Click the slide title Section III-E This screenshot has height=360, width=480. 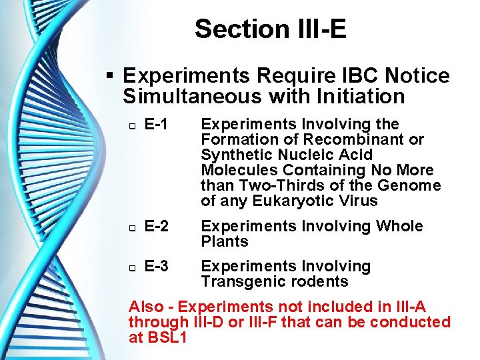tap(271, 29)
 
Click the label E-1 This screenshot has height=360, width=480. tap(155, 124)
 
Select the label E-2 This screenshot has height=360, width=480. tap(155, 226)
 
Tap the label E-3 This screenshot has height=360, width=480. tap(155, 266)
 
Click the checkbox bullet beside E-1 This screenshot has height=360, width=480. tap(131, 125)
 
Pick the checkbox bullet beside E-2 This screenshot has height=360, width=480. tap(131, 227)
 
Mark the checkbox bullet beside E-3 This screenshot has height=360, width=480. tap(131, 267)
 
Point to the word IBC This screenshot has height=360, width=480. tap(349, 75)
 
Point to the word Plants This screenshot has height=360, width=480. tap(225, 241)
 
